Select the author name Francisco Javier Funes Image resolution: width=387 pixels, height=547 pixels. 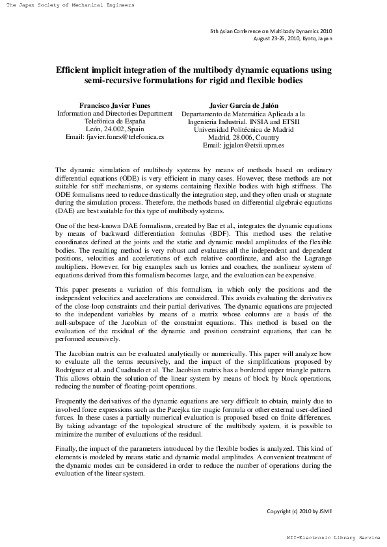[x=114, y=105]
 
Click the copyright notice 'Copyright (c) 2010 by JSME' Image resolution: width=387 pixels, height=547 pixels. [x=299, y=511]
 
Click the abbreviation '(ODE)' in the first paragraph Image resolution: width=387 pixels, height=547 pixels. [x=125, y=177]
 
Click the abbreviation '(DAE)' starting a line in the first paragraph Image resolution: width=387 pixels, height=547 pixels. [x=66, y=211]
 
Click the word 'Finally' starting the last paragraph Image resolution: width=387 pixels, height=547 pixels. [x=67, y=450]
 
